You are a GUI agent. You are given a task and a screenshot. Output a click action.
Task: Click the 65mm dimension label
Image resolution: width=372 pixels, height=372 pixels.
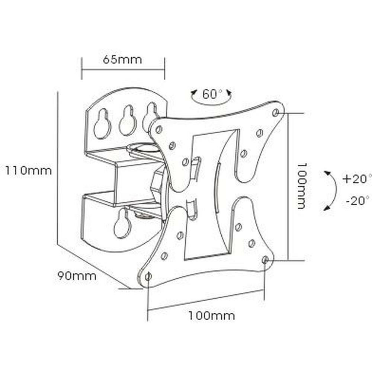[122, 60]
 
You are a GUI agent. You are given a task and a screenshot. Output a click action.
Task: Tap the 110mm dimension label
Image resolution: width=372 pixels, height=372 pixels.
[28, 171]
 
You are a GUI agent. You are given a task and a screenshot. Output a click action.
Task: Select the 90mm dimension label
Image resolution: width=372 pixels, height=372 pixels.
[77, 276]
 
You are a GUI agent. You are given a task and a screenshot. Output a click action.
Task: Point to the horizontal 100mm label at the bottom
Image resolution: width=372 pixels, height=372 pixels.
[211, 316]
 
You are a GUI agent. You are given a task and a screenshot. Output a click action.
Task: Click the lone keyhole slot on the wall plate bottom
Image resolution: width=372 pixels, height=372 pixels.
[122, 224]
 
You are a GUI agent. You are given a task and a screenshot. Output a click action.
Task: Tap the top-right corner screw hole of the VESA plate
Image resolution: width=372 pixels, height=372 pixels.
[276, 112]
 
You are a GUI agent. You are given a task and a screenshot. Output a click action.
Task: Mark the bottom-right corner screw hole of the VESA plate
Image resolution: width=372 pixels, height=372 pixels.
[265, 260]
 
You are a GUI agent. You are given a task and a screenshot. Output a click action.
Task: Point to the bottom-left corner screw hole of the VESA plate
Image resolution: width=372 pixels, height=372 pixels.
[148, 276]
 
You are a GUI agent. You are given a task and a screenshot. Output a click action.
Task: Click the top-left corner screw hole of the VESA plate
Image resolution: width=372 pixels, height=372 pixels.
[159, 129]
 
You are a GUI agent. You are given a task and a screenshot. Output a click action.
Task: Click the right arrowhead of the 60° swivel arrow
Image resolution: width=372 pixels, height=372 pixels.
[229, 92]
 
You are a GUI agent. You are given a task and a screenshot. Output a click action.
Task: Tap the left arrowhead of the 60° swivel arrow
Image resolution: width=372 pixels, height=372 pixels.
[193, 93]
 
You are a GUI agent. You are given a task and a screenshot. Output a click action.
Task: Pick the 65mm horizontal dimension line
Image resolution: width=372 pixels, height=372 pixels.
[123, 69]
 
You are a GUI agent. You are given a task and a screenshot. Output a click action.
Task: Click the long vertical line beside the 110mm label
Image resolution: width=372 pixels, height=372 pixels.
[58, 167]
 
